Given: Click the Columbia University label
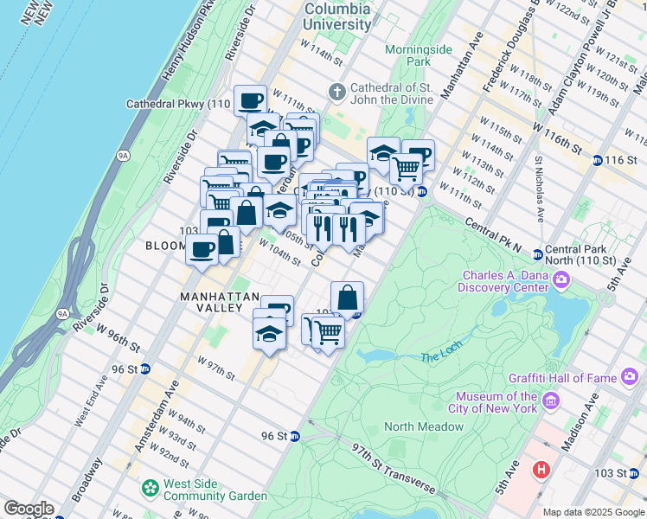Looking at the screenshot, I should point(337,16).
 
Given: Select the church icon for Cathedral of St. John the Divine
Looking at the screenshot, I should point(337,91).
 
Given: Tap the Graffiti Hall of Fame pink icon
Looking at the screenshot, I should point(628,376).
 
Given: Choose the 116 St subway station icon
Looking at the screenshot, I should point(597,160).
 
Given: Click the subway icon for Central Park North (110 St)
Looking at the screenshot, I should point(537,254).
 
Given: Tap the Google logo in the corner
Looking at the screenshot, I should point(28,509).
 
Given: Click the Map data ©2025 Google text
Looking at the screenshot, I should point(593,512).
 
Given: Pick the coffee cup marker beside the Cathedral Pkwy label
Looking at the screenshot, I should point(250,100).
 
